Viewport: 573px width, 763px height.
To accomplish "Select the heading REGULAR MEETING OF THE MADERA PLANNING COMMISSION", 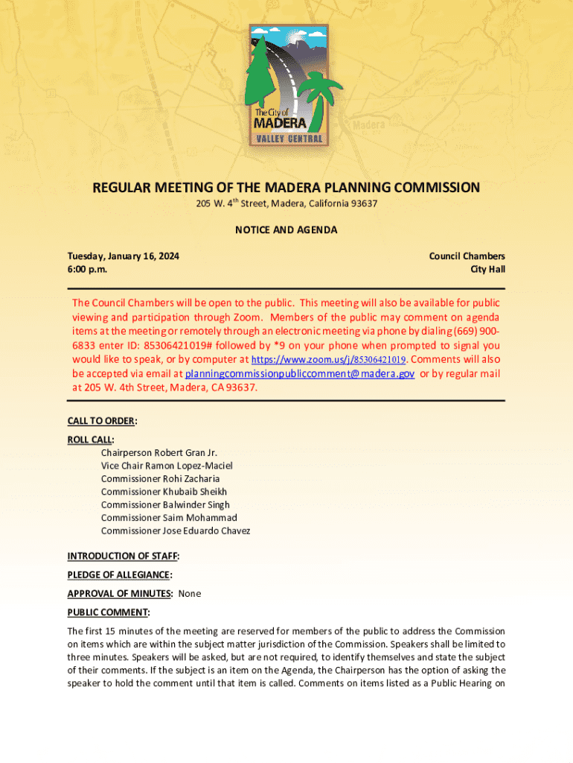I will [286, 188].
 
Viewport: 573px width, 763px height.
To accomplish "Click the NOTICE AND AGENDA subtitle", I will [286, 229].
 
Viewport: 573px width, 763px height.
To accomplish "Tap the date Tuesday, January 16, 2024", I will [124, 256].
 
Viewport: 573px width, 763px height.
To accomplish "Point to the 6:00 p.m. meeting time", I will [87, 269].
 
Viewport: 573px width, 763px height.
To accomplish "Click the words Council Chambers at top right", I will [467, 256].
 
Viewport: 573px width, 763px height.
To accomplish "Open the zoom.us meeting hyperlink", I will [329, 360].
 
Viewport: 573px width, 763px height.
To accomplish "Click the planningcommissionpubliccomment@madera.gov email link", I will [299, 373].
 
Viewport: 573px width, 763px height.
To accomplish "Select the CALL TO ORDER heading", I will [101, 421].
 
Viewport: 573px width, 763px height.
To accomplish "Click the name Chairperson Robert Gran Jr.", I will [159, 452].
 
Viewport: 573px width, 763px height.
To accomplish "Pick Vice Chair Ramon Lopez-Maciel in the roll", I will [167, 466].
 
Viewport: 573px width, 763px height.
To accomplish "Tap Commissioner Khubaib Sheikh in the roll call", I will [164, 492].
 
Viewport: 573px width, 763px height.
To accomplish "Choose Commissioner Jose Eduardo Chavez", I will [176, 531].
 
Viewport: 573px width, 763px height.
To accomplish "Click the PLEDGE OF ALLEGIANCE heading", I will [119, 574].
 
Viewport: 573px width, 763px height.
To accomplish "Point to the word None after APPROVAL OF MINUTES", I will [189, 594].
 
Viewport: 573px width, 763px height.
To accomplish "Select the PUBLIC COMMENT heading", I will [108, 612].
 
